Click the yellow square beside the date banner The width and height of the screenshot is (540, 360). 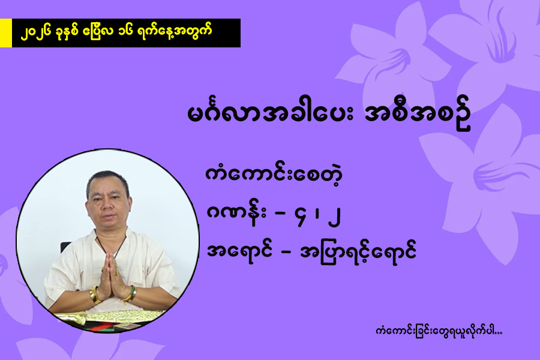pyautogui.click(x=6, y=33)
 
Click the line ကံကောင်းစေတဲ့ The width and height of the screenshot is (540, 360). pyautogui.click(x=274, y=175)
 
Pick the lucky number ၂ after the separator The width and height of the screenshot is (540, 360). pyautogui.click(x=334, y=215)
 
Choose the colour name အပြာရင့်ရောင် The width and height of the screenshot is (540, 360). pyautogui.click(x=358, y=251)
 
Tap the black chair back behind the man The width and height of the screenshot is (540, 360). pyautogui.click(x=65, y=247)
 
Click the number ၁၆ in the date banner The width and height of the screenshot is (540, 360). pyautogui.click(x=134, y=32)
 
